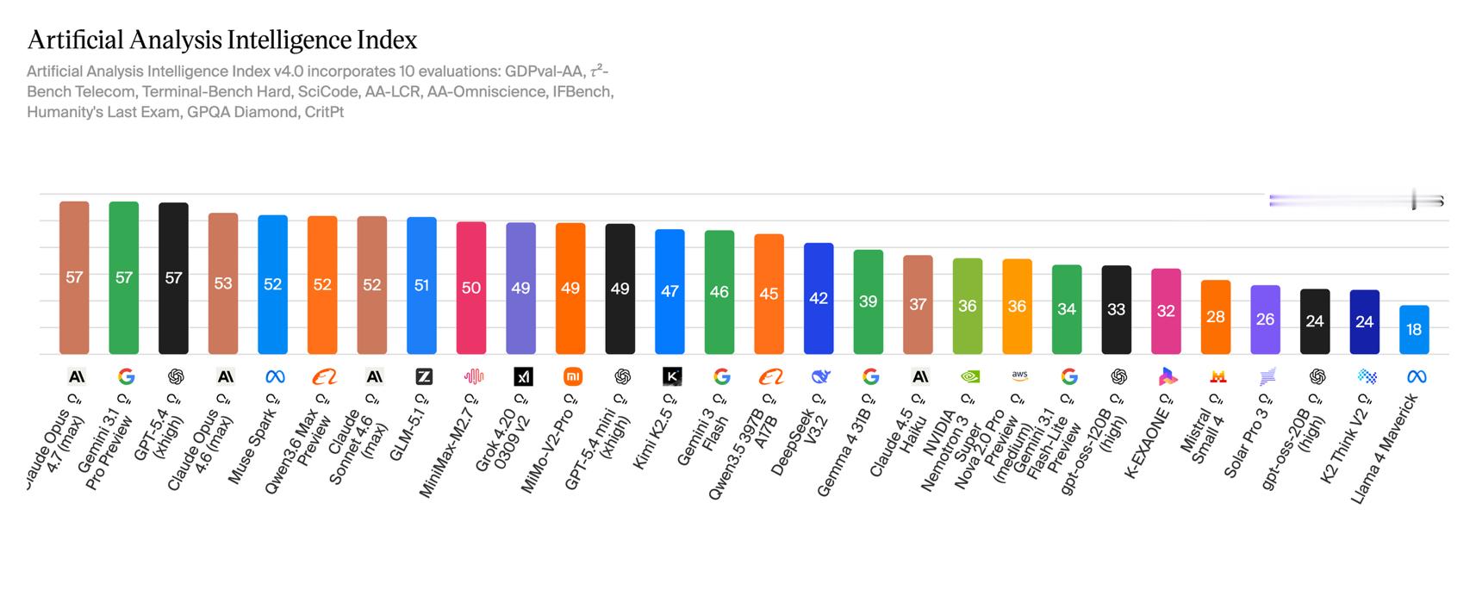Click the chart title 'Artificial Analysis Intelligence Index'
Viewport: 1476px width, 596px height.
pyautogui.click(x=222, y=40)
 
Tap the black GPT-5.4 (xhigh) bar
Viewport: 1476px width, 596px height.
pyautogui.click(x=173, y=278)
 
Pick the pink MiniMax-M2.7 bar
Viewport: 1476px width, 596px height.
pyautogui.click(x=471, y=288)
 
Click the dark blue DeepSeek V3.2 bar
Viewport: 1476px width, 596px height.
pyautogui.click(x=819, y=298)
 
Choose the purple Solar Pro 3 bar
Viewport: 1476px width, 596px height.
pyautogui.click(x=1265, y=320)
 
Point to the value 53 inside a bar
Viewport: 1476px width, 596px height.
pyautogui.click(x=223, y=283)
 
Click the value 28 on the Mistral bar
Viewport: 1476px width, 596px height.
pyautogui.click(x=1216, y=317)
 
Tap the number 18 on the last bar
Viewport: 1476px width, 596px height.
pyautogui.click(x=1414, y=330)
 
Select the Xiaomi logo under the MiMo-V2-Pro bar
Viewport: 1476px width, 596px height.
pyautogui.click(x=571, y=376)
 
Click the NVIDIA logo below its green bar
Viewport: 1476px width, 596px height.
pyautogui.click(x=968, y=376)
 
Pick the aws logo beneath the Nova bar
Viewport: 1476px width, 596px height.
pyautogui.click(x=1019, y=376)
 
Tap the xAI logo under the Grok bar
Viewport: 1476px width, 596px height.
pyautogui.click(x=522, y=376)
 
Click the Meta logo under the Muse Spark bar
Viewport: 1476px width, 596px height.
pyautogui.click(x=275, y=376)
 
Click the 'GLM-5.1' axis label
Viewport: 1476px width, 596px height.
pyautogui.click(x=407, y=431)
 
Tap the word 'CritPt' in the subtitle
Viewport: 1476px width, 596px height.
pyautogui.click(x=324, y=112)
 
